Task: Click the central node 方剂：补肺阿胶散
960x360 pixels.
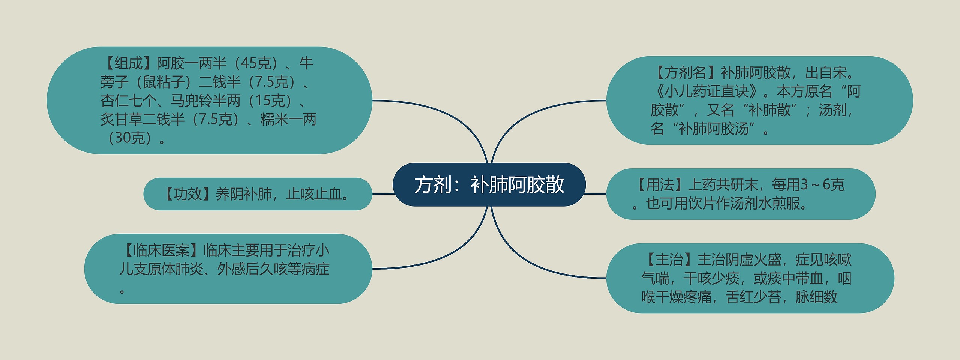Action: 489,184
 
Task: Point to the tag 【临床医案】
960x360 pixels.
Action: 161,250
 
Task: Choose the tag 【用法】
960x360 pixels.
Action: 660,185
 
